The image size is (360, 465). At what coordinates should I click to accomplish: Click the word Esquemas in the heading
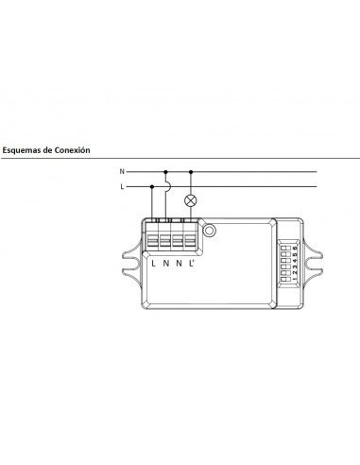(24, 148)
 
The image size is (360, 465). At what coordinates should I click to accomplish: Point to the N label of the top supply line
(120, 172)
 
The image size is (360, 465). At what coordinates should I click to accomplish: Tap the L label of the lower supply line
(120, 187)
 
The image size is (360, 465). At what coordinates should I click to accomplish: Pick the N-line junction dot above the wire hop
(167, 172)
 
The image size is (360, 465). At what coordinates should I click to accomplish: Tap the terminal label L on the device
(153, 261)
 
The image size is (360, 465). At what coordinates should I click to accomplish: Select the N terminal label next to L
(166, 261)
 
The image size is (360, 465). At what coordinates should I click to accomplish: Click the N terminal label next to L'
(180, 261)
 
